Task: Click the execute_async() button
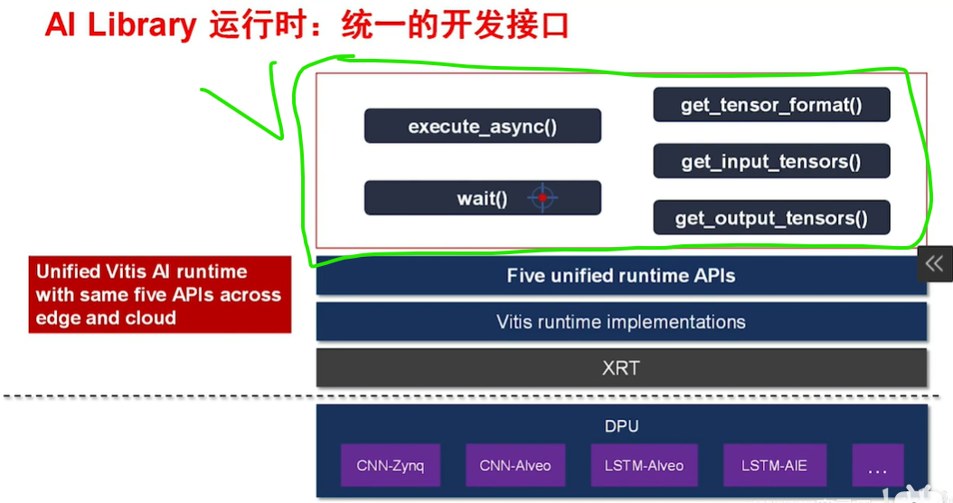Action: pyautogui.click(x=482, y=126)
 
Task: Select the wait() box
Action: pyautogui.click(x=482, y=198)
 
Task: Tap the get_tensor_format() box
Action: pyautogui.click(x=771, y=105)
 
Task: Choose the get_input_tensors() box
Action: pyautogui.click(x=771, y=161)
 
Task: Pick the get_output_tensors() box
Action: pyautogui.click(x=771, y=218)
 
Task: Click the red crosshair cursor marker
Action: pyautogui.click(x=542, y=197)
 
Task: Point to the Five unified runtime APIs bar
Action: pyautogui.click(x=621, y=275)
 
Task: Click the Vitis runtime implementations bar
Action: pyautogui.click(x=621, y=321)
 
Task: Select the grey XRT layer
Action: pyautogui.click(x=621, y=368)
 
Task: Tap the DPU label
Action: pyautogui.click(x=621, y=425)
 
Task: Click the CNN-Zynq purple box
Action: pyautogui.click(x=390, y=466)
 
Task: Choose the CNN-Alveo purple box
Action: pyautogui.click(x=515, y=466)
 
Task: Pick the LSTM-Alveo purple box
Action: pyautogui.click(x=644, y=466)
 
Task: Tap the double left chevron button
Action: pyautogui.click(x=935, y=263)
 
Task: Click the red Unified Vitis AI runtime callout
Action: pyautogui.click(x=159, y=294)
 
